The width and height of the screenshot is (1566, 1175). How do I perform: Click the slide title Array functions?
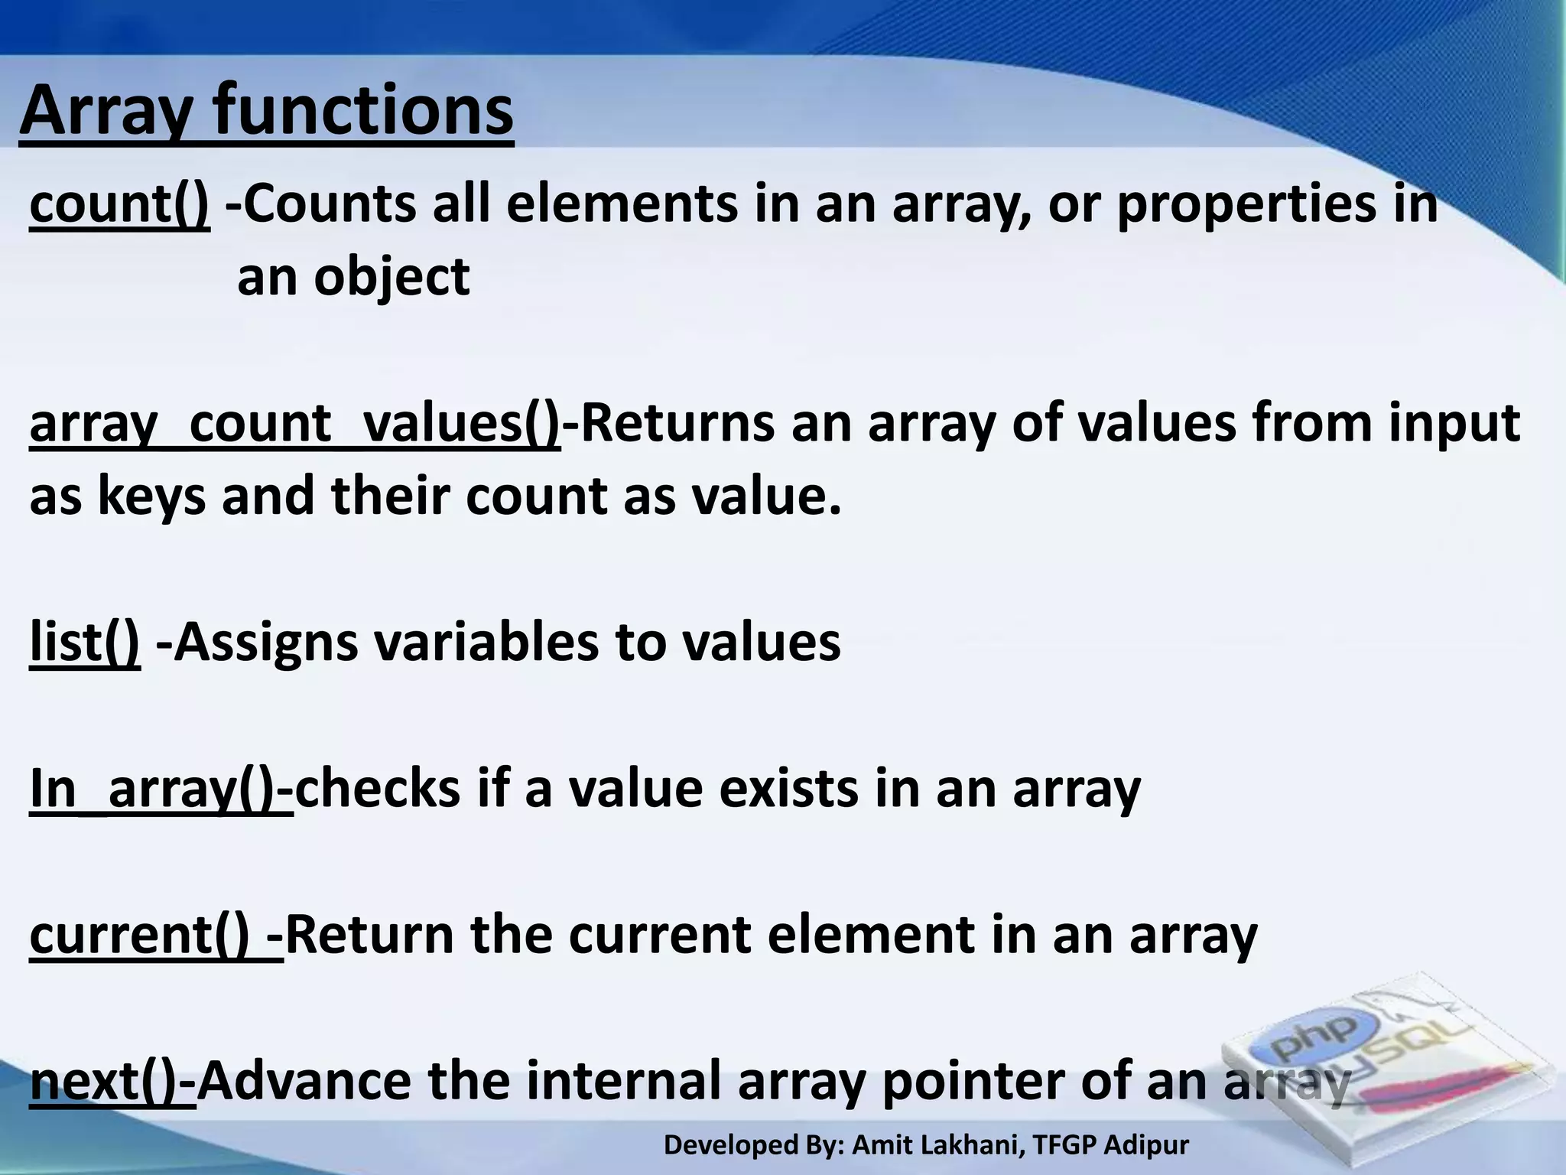coord(266,112)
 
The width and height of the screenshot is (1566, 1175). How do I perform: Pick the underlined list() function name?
coord(85,642)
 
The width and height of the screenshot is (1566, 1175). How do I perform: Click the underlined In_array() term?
coord(161,789)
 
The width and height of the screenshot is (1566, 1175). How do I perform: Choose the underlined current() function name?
coord(155,935)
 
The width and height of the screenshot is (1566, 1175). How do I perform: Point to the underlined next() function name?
coord(112,1081)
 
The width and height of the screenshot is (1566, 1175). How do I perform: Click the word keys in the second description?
coord(151,497)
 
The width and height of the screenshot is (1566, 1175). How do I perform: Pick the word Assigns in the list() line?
coord(265,642)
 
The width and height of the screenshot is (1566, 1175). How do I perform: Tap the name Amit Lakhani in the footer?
coord(936,1145)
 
